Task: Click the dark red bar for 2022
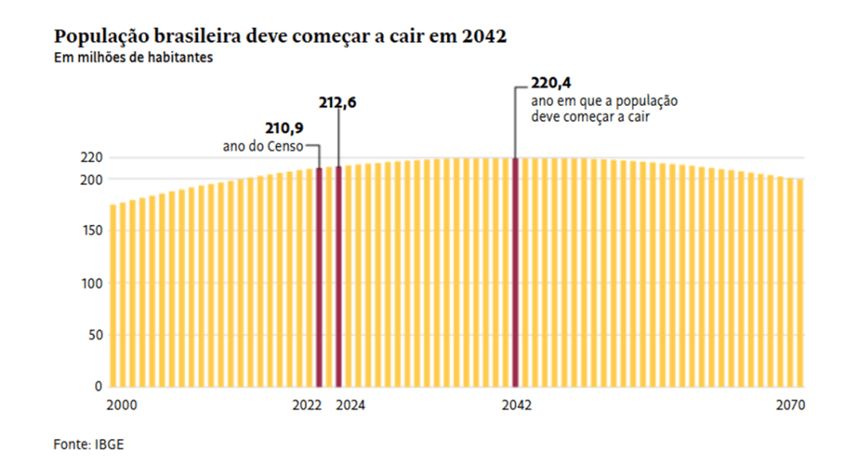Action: coord(319,277)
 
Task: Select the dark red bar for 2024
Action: coord(339,277)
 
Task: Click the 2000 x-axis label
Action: coord(122,405)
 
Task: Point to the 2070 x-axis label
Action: coord(790,405)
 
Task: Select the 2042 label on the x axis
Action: coord(517,405)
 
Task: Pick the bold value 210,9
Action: coord(283,128)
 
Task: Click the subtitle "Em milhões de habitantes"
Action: coord(122,58)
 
